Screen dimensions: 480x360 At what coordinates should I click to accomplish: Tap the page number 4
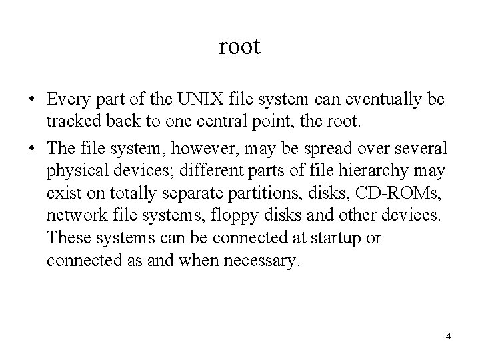pyautogui.click(x=449, y=335)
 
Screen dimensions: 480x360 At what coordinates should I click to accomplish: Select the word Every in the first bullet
pyautogui.click(x=69, y=100)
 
